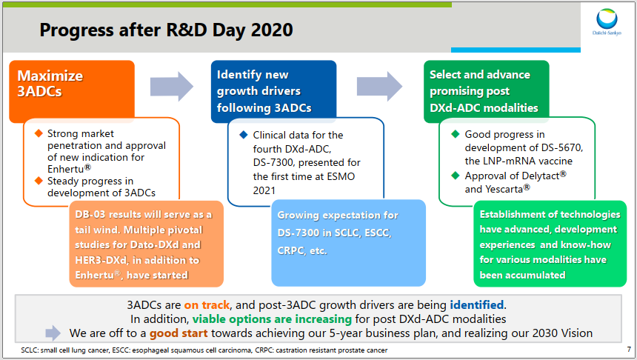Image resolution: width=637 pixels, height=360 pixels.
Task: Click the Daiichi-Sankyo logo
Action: click(x=607, y=23)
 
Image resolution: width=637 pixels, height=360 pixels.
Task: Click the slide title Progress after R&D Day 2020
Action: click(x=166, y=30)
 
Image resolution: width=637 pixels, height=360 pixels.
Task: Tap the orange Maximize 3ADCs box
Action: click(x=71, y=90)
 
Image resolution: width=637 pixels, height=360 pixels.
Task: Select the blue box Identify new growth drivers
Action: click(x=273, y=90)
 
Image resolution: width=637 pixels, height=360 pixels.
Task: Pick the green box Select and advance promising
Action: click(x=488, y=90)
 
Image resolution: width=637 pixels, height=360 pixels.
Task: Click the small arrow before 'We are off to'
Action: click(x=53, y=333)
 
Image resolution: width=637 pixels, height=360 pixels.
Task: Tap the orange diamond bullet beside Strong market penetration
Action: click(x=39, y=133)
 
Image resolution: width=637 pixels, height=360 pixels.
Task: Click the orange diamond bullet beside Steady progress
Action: click(x=39, y=180)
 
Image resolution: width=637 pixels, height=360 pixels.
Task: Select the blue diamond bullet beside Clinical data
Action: click(x=243, y=135)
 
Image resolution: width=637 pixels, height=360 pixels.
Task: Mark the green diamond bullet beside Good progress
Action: click(x=456, y=134)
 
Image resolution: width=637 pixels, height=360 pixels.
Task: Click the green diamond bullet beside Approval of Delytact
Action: click(x=456, y=176)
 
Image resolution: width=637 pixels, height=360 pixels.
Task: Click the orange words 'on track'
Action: click(x=207, y=304)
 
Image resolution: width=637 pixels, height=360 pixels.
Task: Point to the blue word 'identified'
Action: click(x=477, y=304)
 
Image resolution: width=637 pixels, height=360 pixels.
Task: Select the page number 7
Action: click(x=628, y=349)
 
